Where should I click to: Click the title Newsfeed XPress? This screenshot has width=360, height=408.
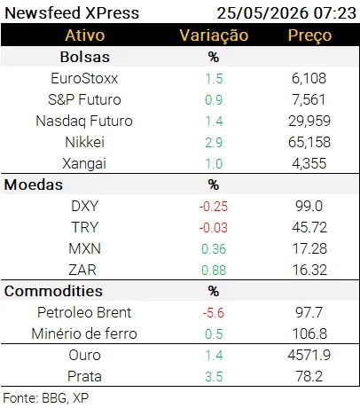[72, 13]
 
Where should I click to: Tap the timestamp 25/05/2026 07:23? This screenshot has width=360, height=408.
[286, 13]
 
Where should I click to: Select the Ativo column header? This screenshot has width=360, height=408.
[85, 35]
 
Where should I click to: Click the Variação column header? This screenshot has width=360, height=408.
[214, 35]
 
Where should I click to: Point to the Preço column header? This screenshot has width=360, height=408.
[309, 35]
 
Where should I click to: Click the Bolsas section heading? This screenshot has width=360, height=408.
[85, 57]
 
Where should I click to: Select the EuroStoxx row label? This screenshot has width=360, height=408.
[84, 78]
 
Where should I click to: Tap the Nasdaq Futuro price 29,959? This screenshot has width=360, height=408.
[309, 121]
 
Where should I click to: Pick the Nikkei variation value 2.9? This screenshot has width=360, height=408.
[214, 143]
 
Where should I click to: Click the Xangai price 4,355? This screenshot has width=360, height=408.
[309, 163]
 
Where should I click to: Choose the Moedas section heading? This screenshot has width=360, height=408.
[34, 184]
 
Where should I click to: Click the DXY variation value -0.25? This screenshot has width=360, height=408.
[214, 207]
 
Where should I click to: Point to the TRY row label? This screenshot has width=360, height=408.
[84, 227]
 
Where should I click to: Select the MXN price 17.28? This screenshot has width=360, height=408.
[309, 248]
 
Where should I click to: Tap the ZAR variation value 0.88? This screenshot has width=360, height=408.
[214, 271]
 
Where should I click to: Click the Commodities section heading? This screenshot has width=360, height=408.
[53, 291]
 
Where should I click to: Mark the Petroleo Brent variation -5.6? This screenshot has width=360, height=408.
[214, 313]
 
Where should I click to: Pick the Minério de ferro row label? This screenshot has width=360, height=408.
[84, 333]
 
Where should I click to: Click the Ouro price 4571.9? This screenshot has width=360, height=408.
[309, 355]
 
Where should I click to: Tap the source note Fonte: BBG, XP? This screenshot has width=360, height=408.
[46, 398]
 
